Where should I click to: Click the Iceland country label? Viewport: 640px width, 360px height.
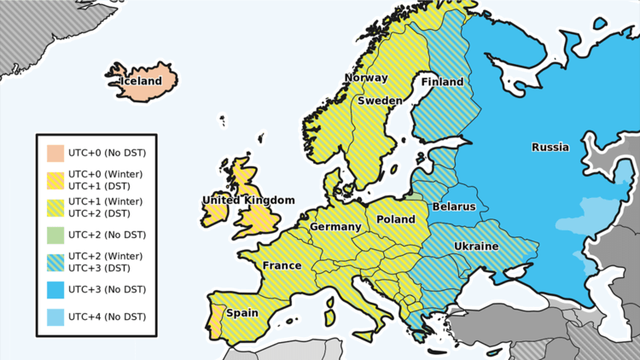click(x=140, y=81)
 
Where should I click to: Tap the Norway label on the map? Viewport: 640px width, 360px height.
click(x=365, y=78)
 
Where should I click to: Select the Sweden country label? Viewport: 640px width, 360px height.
click(x=380, y=100)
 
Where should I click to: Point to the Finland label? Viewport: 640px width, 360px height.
click(x=442, y=82)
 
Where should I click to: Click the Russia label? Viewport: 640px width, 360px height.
click(x=550, y=147)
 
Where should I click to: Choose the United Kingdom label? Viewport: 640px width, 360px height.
click(x=248, y=200)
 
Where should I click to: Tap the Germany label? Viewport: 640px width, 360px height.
click(x=335, y=227)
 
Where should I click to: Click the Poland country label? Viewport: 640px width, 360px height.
click(x=396, y=219)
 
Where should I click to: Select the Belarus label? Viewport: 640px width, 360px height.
click(x=454, y=206)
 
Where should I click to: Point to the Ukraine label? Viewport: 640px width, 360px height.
click(x=476, y=246)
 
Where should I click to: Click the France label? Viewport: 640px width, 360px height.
click(x=282, y=265)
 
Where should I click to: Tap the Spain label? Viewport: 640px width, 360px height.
click(x=242, y=313)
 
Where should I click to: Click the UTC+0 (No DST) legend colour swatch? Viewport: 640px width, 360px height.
click(x=55, y=154)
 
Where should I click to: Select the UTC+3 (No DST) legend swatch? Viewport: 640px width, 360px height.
click(x=55, y=290)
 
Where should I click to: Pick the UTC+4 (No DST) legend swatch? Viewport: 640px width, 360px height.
click(x=55, y=317)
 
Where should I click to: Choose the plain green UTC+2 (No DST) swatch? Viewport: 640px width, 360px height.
click(x=55, y=235)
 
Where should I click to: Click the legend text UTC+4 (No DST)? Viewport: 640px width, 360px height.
click(x=107, y=317)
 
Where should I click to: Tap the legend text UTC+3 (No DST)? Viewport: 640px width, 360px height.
click(x=107, y=290)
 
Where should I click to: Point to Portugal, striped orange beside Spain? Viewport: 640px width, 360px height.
click(x=217, y=319)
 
